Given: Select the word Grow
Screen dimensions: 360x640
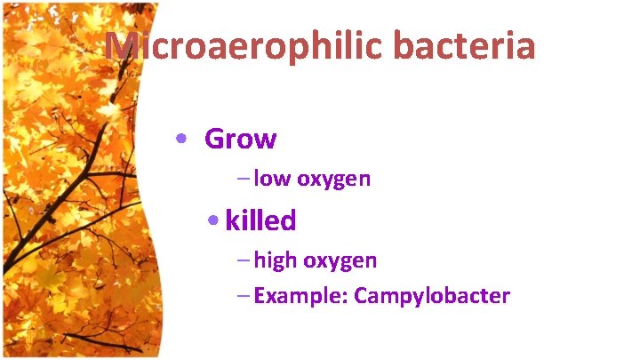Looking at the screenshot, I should click(240, 140).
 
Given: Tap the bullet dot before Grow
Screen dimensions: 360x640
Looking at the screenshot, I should click(181, 140).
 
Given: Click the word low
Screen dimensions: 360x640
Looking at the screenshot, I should click(272, 179).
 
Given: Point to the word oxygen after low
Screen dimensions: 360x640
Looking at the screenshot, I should click(333, 180).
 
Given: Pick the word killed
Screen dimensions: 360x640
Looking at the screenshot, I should click(260, 220).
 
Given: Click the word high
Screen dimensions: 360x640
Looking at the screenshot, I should click(276, 260).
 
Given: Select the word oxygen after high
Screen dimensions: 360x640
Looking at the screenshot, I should click(340, 261).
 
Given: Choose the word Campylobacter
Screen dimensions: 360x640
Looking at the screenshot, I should click(432, 296).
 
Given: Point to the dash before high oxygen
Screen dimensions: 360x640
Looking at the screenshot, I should click(244, 261).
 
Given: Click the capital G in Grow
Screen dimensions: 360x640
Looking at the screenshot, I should click(214, 140).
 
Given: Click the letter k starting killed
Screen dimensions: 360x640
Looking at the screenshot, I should click(232, 220).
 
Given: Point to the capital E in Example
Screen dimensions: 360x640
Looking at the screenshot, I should click(259, 296).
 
